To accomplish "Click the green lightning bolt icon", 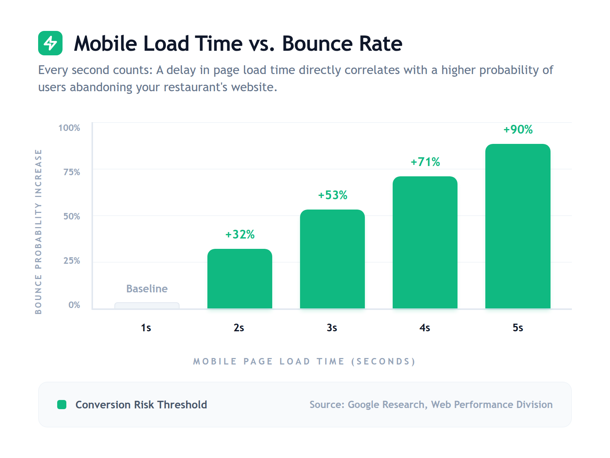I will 50,43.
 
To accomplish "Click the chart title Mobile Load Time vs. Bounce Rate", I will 238,44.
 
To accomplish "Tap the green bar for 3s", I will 332,259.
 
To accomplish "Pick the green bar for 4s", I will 425,242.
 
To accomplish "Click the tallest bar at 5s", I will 517,226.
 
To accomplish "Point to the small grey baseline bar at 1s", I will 147,305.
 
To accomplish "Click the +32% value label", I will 240,234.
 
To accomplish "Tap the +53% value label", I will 332,195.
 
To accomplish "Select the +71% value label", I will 425,162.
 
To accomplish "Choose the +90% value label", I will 518,129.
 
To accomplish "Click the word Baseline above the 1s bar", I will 147,289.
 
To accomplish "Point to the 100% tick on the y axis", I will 69,128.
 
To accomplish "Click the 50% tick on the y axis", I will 72,216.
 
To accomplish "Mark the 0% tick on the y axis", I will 74,305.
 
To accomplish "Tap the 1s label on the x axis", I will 146,327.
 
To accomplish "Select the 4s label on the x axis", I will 425,327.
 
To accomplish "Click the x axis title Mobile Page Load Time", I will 304,361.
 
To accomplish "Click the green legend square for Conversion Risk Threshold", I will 62,405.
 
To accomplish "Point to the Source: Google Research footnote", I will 431,405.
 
